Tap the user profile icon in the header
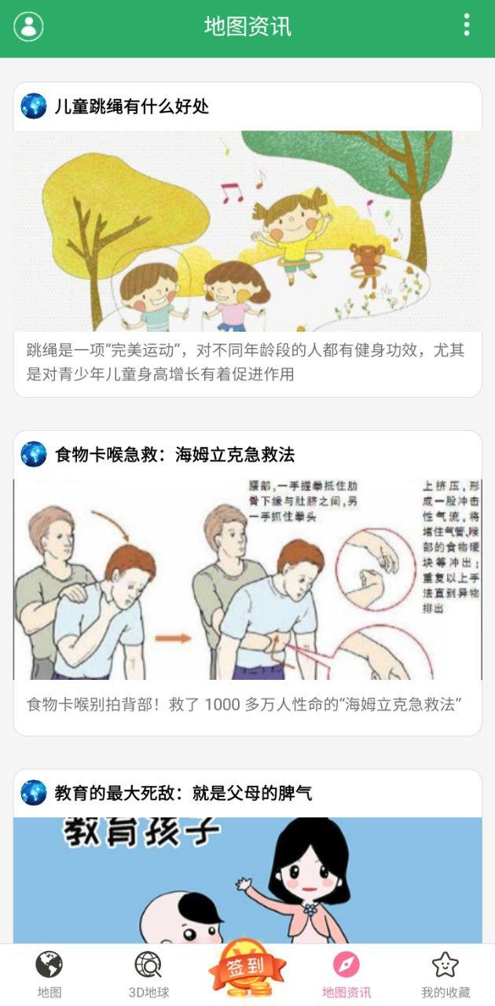(x=28, y=26)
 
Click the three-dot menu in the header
(x=467, y=25)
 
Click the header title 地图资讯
(x=247, y=26)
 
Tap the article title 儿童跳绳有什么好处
(x=132, y=106)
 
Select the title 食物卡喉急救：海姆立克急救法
(x=174, y=454)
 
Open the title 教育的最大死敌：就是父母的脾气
(x=183, y=793)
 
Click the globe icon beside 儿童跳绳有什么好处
(x=34, y=106)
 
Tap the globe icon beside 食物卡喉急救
(x=34, y=454)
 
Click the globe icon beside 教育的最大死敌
(x=34, y=793)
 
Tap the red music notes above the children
(x=233, y=192)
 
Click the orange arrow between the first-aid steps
(x=173, y=637)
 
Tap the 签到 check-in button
(x=247, y=969)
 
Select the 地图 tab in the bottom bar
(x=49, y=974)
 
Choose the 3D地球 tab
(x=148, y=974)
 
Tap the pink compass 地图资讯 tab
(x=346, y=974)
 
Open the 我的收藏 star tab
(x=445, y=974)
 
